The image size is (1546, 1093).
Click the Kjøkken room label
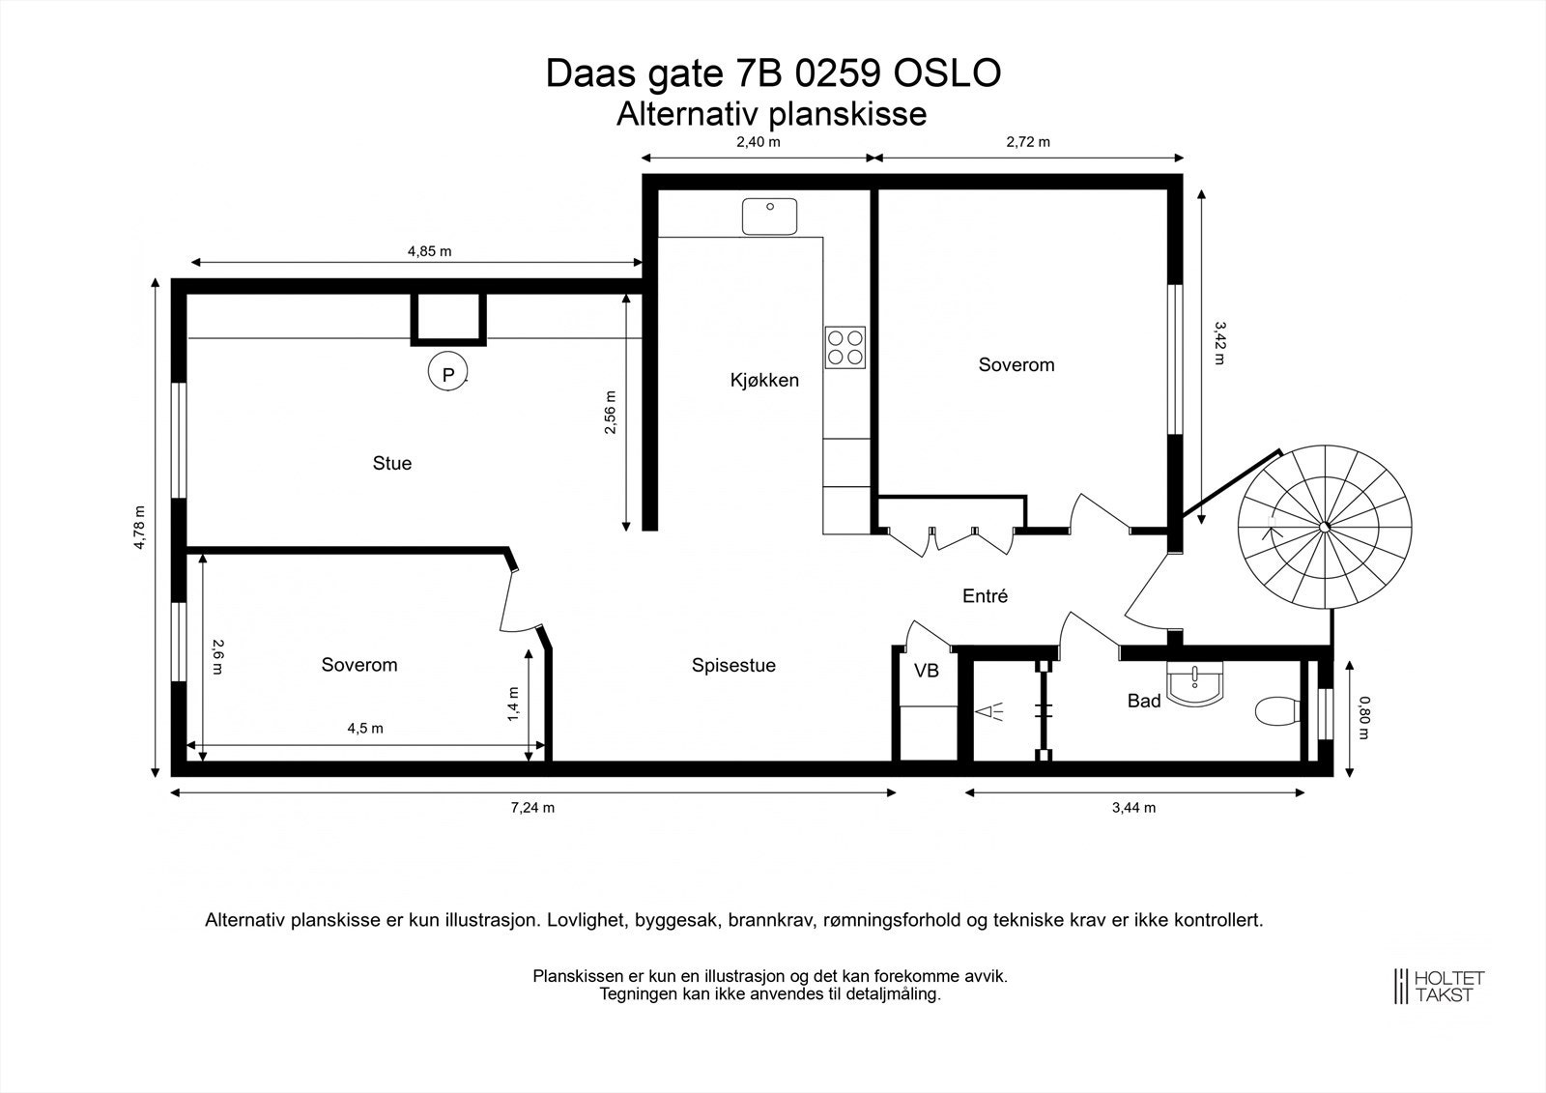click(764, 380)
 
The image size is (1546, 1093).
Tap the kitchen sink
click(769, 216)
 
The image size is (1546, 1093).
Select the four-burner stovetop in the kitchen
click(845, 347)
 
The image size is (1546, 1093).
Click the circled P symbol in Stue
click(448, 372)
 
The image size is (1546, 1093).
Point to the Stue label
click(392, 463)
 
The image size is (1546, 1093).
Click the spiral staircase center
click(1325, 527)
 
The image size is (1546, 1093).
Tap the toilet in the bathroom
click(1277, 711)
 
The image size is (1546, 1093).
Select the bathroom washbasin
click(1194, 683)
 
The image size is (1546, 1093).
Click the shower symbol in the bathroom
click(988, 712)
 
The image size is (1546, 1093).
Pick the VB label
click(927, 671)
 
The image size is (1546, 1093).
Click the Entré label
click(985, 595)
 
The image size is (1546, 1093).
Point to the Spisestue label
click(733, 665)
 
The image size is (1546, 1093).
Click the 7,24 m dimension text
click(532, 807)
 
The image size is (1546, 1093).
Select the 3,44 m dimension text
click(1134, 807)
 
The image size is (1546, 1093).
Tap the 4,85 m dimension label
click(429, 251)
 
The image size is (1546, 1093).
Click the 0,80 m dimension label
click(1363, 717)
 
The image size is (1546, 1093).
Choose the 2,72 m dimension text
click(1028, 141)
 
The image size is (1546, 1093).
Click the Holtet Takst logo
click(1439, 986)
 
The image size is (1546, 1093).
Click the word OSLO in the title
click(948, 73)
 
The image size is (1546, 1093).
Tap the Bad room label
click(1144, 701)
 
